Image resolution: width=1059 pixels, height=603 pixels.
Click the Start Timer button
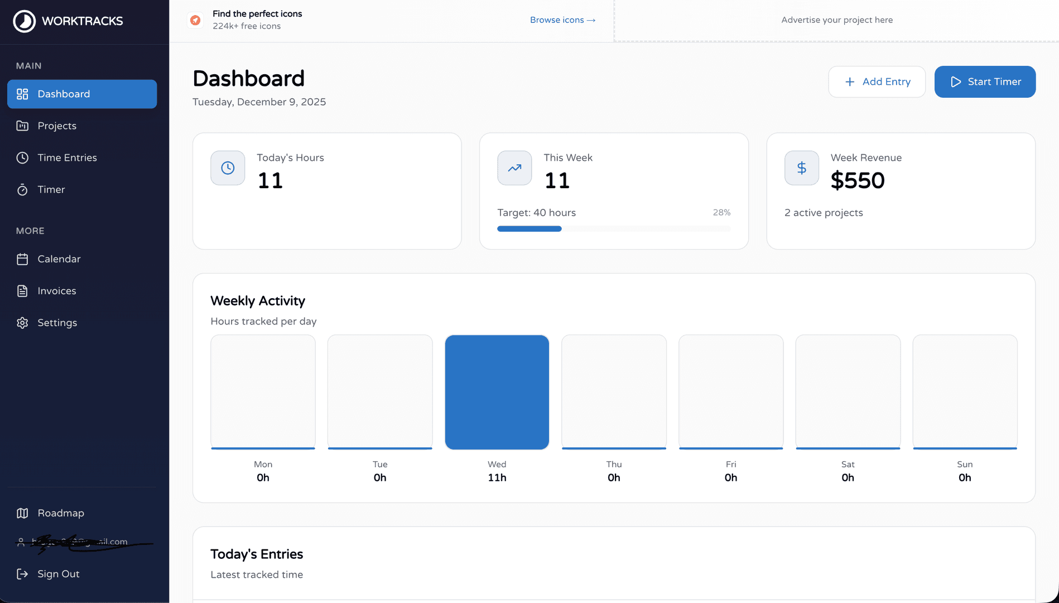[985, 82]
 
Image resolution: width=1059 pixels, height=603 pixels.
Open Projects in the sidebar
[56, 126]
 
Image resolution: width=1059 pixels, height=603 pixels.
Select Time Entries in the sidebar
[66, 157]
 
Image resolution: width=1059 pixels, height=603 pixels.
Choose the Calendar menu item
[59, 259]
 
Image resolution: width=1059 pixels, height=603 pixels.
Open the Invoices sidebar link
[56, 291]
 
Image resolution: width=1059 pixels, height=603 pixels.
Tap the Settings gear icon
[22, 323]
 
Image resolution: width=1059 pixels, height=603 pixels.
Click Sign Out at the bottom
[58, 574]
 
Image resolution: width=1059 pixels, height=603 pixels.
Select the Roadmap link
[60, 513]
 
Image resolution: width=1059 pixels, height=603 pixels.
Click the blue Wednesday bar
[497, 392]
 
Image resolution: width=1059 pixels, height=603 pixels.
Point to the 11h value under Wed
[497, 477]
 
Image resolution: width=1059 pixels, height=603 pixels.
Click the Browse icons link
[562, 20]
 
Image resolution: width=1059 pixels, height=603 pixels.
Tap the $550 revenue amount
[857, 180]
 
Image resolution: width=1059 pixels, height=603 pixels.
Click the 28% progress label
[721, 213]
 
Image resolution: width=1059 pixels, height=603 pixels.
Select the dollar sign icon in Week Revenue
[801, 168]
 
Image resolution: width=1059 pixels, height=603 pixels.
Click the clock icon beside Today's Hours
[228, 168]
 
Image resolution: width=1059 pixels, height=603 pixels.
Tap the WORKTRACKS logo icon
[24, 21]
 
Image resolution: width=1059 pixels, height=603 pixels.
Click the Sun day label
[964, 465]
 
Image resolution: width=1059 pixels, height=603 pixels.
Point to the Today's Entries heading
[257, 554]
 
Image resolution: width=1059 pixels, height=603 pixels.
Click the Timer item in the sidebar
[51, 189]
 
